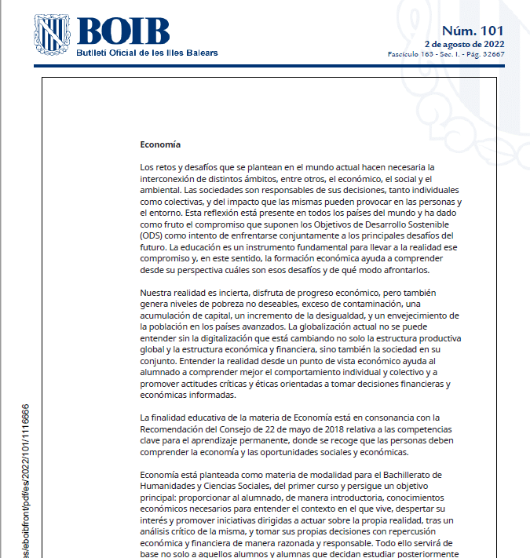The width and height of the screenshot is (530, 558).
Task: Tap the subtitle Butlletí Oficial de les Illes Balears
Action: click(147, 53)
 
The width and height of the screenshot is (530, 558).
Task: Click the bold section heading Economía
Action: click(160, 144)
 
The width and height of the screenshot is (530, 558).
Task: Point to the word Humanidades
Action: click(169, 486)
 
